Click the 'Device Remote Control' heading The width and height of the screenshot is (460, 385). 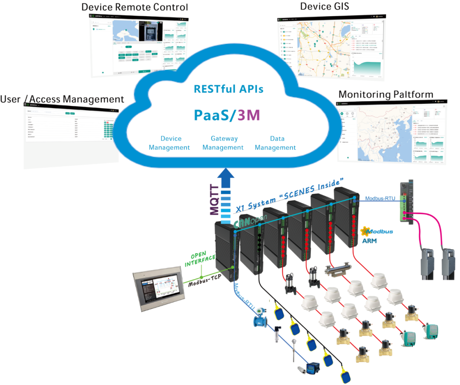pyautogui.click(x=134, y=7)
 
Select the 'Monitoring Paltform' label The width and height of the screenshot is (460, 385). pyautogui.click(x=385, y=94)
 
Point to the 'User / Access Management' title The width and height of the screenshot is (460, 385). pyautogui.click(x=62, y=100)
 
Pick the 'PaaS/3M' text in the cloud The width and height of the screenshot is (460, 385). pyautogui.click(x=227, y=115)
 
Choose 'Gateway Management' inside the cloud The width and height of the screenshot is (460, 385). pyautogui.click(x=223, y=143)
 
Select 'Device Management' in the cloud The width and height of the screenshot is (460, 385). pyautogui.click(x=169, y=143)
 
